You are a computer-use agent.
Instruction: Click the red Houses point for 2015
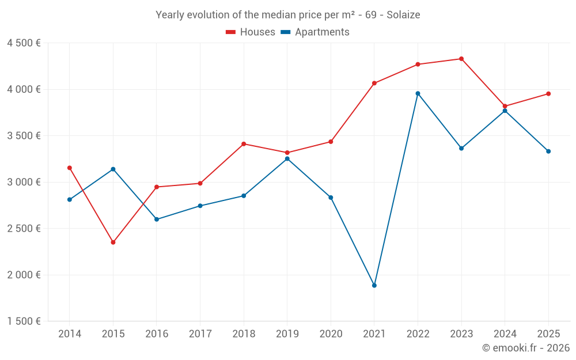(113, 242)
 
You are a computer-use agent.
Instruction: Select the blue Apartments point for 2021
(374, 286)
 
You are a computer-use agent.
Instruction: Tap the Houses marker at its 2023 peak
(461, 59)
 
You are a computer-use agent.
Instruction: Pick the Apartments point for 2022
(418, 93)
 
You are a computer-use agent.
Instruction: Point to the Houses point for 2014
(70, 168)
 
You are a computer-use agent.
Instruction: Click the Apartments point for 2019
(287, 158)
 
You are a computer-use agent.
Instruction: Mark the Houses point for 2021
(374, 83)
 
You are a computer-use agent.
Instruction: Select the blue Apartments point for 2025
(548, 151)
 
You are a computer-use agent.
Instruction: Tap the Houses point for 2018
(244, 144)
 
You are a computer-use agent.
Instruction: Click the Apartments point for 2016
(157, 219)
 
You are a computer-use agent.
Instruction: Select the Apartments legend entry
(315, 32)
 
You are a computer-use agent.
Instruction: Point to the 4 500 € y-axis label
(24, 43)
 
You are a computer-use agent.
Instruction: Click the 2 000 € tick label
(24, 275)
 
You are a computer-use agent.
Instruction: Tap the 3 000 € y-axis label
(24, 182)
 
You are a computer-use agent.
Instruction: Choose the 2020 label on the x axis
(331, 334)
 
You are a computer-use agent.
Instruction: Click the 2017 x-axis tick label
(200, 334)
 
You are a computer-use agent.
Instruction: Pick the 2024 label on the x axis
(505, 334)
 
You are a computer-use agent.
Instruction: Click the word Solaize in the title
(403, 14)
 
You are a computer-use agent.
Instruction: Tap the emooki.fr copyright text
(525, 348)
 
